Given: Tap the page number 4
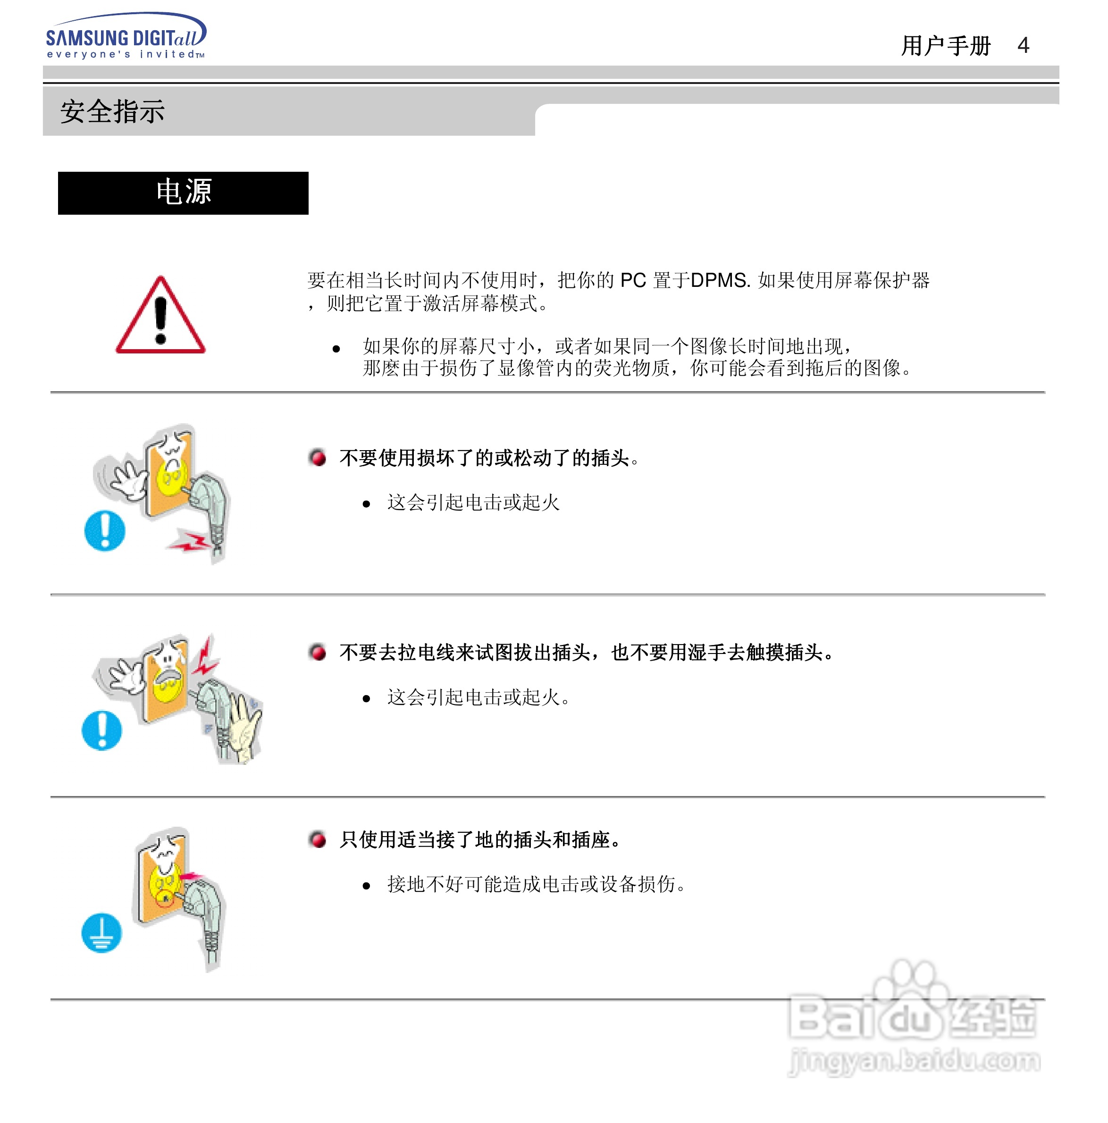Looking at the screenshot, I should (x=1023, y=45).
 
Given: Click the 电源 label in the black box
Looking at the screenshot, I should (x=183, y=192).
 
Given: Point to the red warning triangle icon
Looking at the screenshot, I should (x=160, y=317).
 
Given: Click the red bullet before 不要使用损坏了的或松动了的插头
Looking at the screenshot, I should (x=318, y=457).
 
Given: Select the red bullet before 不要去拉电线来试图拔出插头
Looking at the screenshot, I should (x=318, y=652).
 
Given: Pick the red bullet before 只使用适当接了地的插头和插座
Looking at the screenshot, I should (x=318, y=839).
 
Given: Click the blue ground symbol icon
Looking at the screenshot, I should (x=102, y=933).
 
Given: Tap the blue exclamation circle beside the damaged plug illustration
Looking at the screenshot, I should (x=105, y=530).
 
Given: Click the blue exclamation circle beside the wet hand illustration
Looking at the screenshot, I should (x=102, y=730).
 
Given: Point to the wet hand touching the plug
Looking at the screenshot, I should (x=244, y=727).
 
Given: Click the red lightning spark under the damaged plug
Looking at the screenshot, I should (x=189, y=542).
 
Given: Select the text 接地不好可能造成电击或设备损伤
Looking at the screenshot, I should (x=536, y=884).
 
